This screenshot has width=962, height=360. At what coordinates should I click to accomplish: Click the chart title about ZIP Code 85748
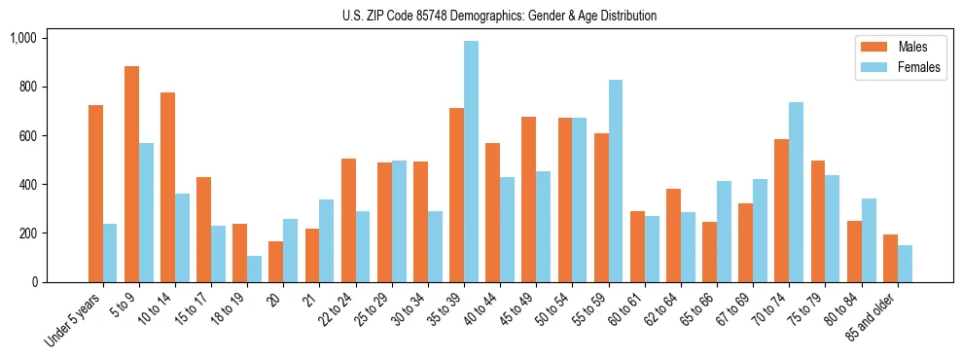[x=499, y=16]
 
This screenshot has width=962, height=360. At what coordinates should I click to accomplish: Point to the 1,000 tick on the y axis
[x=23, y=38]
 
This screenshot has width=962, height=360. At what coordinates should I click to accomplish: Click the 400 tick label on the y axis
[x=27, y=185]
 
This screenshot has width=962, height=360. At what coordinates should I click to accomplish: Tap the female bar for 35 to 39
[x=471, y=162]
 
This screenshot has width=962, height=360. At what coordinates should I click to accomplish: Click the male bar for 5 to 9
[x=132, y=174]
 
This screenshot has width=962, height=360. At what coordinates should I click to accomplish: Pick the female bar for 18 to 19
[x=254, y=269]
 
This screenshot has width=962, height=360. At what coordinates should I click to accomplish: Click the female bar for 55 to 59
[x=616, y=181]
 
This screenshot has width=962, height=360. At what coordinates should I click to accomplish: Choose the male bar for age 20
[x=276, y=262]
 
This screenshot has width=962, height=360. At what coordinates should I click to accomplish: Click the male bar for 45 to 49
[x=529, y=199]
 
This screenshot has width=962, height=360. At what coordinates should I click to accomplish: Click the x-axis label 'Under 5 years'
[x=73, y=317]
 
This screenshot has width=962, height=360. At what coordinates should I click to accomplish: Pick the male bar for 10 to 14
[x=168, y=187]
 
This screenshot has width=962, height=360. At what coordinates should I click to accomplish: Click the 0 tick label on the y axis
[x=34, y=282]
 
